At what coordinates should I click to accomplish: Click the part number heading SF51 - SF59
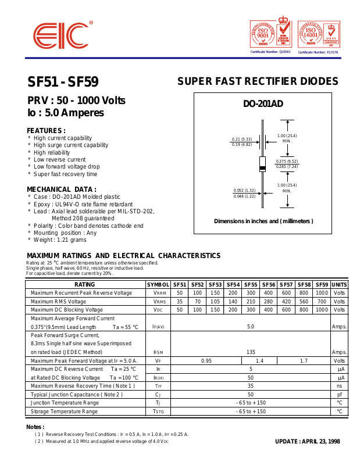tap(63, 82)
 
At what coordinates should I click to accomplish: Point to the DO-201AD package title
tap(263, 104)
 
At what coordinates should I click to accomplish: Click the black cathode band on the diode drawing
tap(262, 168)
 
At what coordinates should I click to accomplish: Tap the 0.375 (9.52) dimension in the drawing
tap(287, 161)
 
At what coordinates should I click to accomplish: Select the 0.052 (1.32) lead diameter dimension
tap(244, 190)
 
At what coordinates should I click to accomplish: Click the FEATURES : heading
tap(46, 130)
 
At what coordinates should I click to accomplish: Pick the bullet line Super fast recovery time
tap(65, 174)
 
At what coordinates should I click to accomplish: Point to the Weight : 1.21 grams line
tap(60, 239)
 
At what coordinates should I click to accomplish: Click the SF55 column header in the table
tap(251, 284)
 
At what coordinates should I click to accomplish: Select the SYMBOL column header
tap(158, 284)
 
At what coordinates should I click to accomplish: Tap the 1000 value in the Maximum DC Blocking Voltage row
tap(322, 310)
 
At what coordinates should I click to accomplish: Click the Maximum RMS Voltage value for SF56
tap(268, 302)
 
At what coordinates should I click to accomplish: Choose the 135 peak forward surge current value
tap(251, 352)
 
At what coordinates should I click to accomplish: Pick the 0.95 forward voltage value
tap(206, 361)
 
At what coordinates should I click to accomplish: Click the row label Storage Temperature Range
tap(65, 412)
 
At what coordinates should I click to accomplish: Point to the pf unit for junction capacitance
tap(339, 395)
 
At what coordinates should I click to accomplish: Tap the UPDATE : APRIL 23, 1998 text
tap(307, 441)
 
